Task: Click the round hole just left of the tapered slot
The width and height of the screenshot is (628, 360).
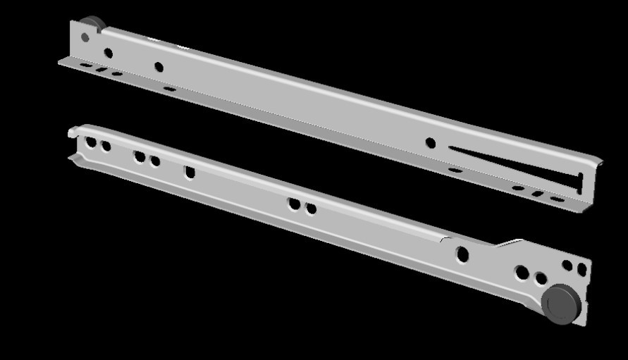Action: [431, 143]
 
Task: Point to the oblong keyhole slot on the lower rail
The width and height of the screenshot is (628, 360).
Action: [190, 172]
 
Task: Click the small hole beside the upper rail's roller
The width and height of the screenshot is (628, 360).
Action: [85, 37]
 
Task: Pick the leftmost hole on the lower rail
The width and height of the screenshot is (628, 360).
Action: [91, 142]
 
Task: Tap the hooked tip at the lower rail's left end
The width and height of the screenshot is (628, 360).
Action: [73, 132]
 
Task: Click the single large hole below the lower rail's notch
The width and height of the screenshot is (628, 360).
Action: [462, 254]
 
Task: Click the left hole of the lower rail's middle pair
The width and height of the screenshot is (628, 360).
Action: [295, 204]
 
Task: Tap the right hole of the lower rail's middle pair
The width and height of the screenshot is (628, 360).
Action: [311, 209]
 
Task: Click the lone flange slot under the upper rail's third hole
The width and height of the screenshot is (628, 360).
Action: [169, 89]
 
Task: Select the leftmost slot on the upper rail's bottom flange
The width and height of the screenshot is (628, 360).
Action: [85, 66]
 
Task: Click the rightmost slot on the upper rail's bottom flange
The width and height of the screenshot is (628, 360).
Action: [557, 199]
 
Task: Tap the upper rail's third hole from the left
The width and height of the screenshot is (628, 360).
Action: [159, 68]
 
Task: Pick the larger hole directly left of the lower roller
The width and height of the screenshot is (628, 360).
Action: [522, 273]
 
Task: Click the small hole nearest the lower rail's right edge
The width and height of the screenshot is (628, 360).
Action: [582, 269]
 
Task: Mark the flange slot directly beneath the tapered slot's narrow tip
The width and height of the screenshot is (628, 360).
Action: [455, 170]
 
